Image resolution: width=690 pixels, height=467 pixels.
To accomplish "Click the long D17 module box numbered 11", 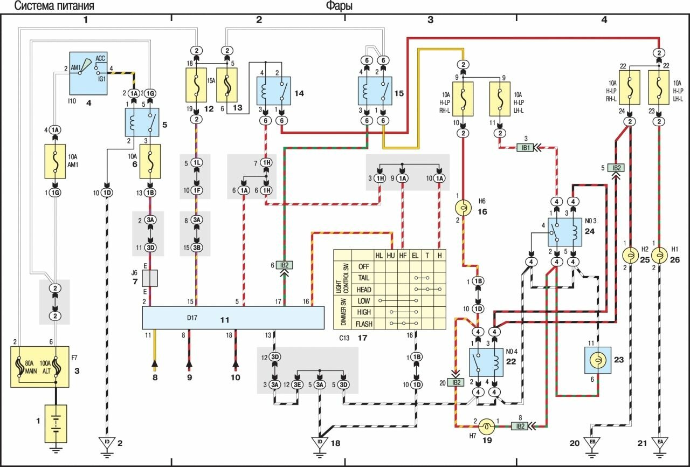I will click(233, 318).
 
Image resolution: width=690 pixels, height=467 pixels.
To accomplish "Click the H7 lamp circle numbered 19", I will click(487, 426).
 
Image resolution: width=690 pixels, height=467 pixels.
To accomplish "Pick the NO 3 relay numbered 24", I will click(564, 232).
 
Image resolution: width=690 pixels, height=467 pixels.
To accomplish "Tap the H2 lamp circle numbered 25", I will click(631, 254).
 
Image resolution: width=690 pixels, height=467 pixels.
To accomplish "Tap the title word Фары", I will click(339, 6).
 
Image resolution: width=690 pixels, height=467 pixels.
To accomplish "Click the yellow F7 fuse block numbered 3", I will click(40, 367).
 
